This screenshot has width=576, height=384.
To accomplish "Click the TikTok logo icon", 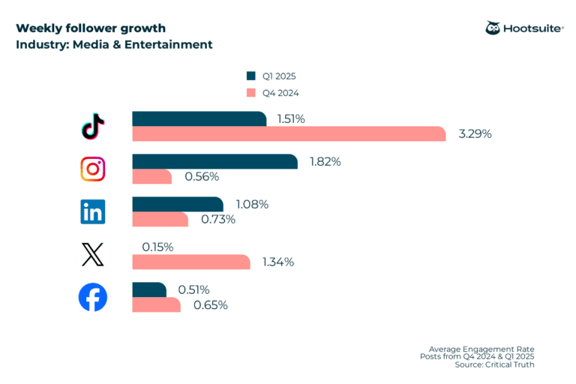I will coord(93,126).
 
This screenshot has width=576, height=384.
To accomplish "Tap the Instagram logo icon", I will coord(93,169).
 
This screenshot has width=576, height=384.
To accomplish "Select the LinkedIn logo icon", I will coord(93,211).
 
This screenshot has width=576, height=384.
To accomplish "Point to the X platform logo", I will coord(93,255).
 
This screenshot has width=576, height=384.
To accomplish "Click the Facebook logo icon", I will coord(93,298).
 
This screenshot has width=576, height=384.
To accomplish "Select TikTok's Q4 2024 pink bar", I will coord(289,133).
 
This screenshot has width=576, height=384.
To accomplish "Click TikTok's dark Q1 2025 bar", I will coord(199,118).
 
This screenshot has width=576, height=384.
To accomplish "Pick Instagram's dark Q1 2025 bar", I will coord(214,161).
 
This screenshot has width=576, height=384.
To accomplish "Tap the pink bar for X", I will coord(190,262).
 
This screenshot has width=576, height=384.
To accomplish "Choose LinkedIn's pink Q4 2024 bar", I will coord(160,219).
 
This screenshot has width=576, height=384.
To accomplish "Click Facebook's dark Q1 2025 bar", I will coord(149,289).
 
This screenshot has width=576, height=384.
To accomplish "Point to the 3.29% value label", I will coord(475,134).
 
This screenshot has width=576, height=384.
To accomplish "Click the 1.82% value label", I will coord(325,161).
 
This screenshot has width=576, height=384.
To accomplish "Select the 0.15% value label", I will coord(157,247).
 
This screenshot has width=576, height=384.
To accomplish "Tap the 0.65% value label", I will coord(211,305).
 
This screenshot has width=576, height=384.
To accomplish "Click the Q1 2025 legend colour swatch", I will coord(250,76).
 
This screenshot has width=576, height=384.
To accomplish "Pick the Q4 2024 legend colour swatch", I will coord(250,93).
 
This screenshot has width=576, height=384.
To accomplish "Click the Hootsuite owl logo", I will coord(493,28).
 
